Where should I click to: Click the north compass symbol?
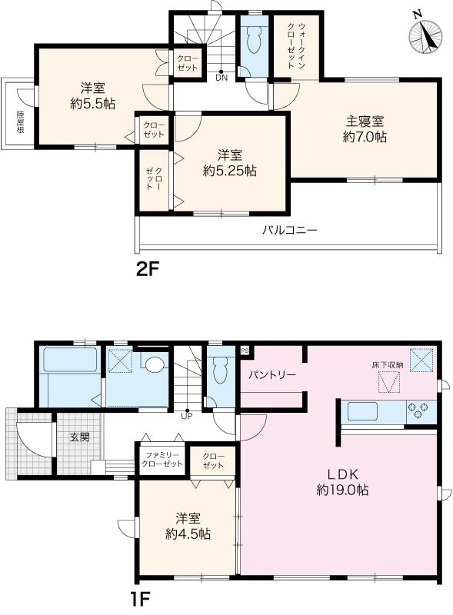[x=425, y=36]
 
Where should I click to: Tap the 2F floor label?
[x=147, y=270]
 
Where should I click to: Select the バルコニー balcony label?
[x=289, y=230]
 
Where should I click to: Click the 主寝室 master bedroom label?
[x=365, y=121]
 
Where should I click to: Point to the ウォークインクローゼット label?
[x=296, y=46]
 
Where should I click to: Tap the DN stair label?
[x=222, y=78]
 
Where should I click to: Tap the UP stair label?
[x=187, y=416]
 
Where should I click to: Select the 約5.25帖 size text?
[x=230, y=171]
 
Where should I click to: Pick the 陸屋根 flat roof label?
[x=20, y=122]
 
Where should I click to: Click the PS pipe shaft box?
[x=245, y=351]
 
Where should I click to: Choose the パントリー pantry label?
[x=272, y=375]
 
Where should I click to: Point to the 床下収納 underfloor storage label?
[x=388, y=364]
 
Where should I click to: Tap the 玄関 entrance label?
[x=79, y=437]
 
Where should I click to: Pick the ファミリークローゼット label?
[x=162, y=460]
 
